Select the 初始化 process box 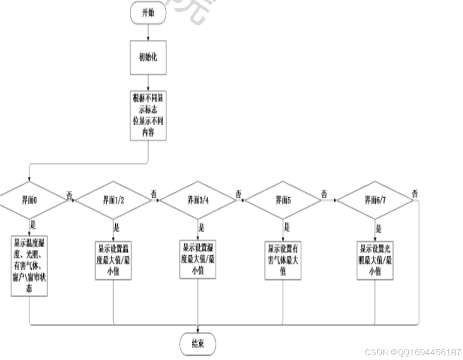tap(148, 57)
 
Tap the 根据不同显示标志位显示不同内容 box tap(149, 115)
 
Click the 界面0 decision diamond tap(29, 200)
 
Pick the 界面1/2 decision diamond tap(113, 200)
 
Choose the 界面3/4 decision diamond tap(198, 200)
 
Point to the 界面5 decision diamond tap(283, 200)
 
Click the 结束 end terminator tap(197, 344)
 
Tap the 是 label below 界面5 tap(286, 227)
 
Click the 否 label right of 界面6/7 tap(416, 193)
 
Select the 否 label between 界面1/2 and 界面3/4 tap(154, 193)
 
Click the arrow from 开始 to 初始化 tap(148, 31)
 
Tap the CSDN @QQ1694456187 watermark tap(412, 352)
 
